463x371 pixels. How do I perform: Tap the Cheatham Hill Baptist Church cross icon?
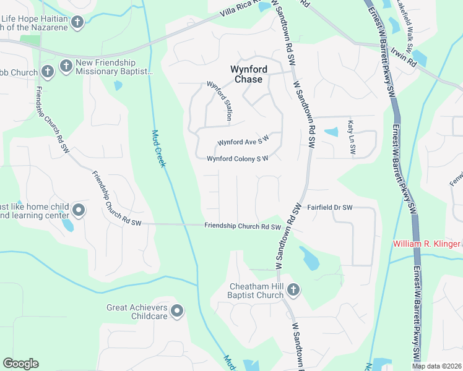pos(293,289)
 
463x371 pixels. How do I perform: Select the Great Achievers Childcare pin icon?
pos(178,310)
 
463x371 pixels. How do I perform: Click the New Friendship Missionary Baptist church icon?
pos(66,64)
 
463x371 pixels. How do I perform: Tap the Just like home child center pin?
pos(79,210)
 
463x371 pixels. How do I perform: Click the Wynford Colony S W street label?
pos(237,159)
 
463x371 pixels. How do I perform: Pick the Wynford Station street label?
pos(223,101)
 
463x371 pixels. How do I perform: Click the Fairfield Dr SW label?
pos(330,207)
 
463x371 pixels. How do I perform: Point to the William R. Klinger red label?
pos(427,244)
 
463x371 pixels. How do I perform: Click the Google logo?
pos(20,364)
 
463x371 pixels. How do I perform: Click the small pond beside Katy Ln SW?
pos(331,132)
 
